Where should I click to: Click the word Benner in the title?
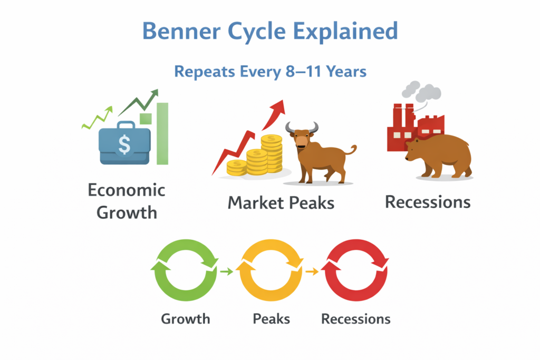point(181,31)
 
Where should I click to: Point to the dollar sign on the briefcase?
point(124,144)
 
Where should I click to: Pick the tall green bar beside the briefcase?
point(162,133)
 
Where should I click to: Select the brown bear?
point(438,155)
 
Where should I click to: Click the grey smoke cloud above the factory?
point(421,91)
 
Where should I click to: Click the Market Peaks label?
point(281,203)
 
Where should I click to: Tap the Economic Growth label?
point(127,201)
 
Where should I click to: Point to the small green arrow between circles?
point(227,272)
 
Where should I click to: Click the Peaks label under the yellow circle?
point(272,319)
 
